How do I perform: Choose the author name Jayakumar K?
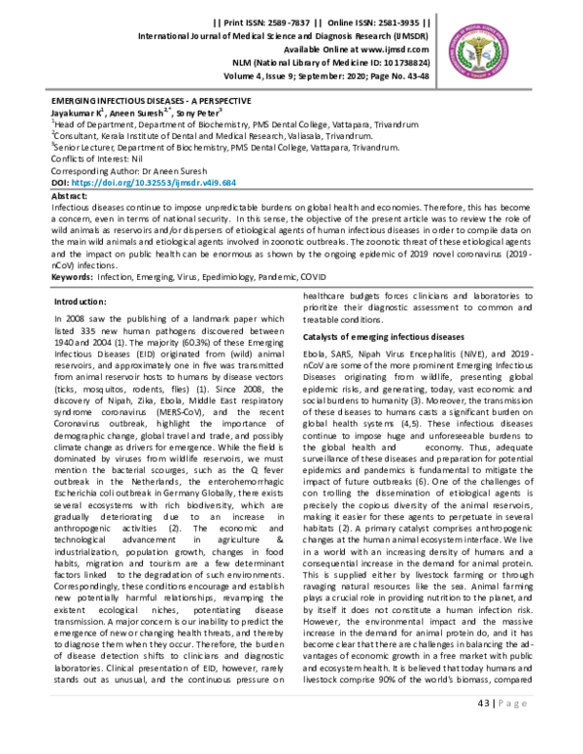(79, 113)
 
